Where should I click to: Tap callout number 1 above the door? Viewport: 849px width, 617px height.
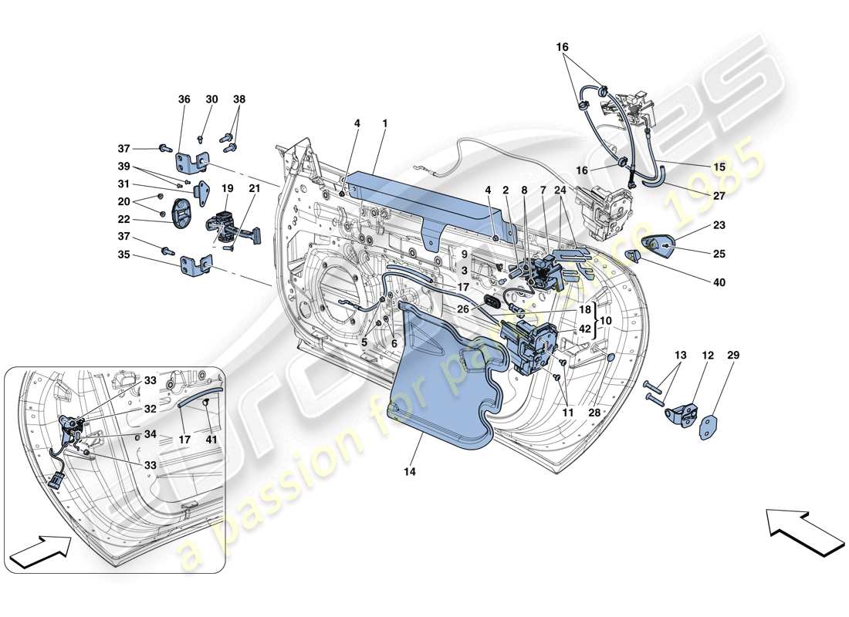click(x=384, y=123)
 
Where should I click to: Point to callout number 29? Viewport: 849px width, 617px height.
click(x=732, y=356)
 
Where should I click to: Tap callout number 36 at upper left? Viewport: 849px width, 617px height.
click(x=184, y=99)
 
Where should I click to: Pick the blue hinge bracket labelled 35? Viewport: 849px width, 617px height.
click(x=196, y=266)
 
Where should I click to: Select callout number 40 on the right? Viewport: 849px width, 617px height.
click(x=719, y=282)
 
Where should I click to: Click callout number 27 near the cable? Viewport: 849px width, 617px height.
click(x=719, y=196)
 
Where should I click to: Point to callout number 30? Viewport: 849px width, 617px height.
click(x=212, y=99)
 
